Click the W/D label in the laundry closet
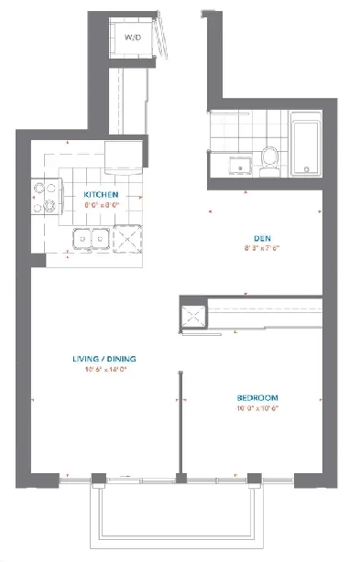(x=132, y=37)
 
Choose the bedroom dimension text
(x=257, y=408)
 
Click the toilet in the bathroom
(x=268, y=161)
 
